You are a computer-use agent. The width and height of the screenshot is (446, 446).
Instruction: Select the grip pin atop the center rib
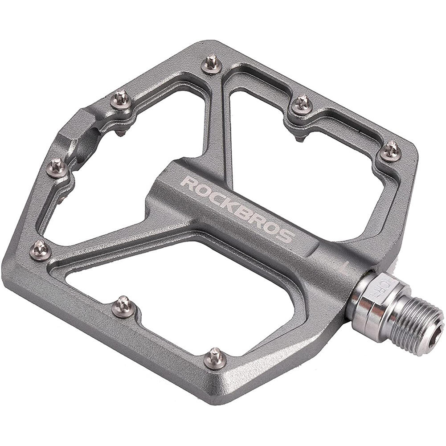pyautogui.click(x=212, y=64)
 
